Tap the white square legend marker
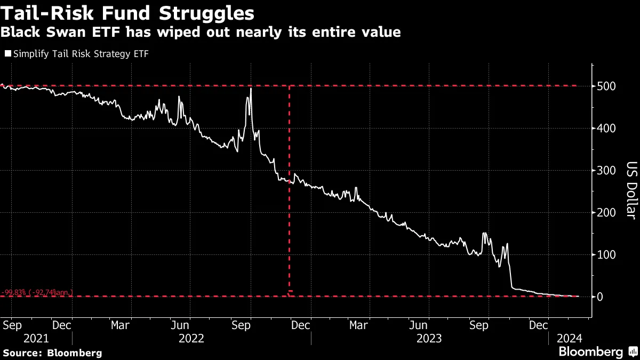coord(7,54)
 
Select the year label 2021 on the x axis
coord(36,338)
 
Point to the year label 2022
coord(192,338)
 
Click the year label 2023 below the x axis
coord(430,338)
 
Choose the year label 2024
coord(570,338)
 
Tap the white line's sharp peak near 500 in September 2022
coord(251,89)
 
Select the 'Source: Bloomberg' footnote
coord(52,353)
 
